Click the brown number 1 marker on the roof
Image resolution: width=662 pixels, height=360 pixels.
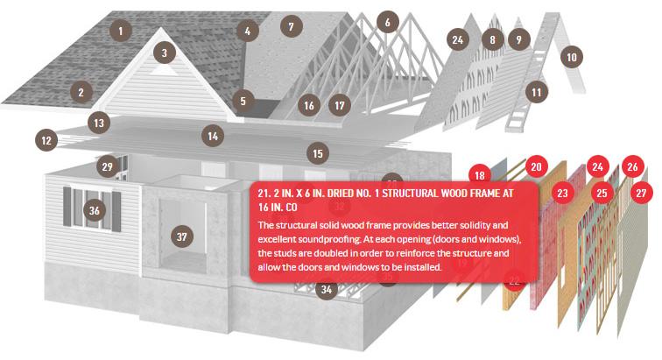121,31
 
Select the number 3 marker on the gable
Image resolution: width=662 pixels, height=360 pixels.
165,53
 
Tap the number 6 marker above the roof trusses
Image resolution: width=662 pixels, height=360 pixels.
388,22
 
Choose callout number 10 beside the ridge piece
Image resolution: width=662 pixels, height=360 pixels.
572,57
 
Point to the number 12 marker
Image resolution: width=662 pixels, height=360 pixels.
46,140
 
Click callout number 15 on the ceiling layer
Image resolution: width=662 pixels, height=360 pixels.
318,153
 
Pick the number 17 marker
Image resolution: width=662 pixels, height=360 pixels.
340,105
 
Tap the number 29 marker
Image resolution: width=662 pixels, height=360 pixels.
107,167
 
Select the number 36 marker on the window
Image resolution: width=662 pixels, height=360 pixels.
95,210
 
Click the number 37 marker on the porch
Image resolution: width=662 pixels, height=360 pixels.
182,236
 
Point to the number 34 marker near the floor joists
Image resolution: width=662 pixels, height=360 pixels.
327,289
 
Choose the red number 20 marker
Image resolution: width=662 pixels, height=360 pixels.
536,167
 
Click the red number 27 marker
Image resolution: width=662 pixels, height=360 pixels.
641,193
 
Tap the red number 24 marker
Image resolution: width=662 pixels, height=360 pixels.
597,167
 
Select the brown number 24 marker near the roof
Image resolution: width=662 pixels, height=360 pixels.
458,40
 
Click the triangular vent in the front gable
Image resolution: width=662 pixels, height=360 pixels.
165,70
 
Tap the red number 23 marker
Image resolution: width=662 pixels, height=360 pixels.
562,193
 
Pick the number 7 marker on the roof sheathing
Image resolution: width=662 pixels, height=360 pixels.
292,26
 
